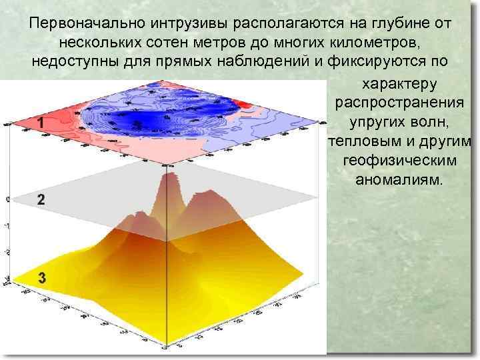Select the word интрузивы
(x=189, y=24)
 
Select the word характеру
(x=398, y=85)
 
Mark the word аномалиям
(x=398, y=181)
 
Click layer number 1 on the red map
(x=41, y=123)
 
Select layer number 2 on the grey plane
(x=41, y=199)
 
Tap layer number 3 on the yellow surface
(x=41, y=279)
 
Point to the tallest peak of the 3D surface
(x=167, y=175)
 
